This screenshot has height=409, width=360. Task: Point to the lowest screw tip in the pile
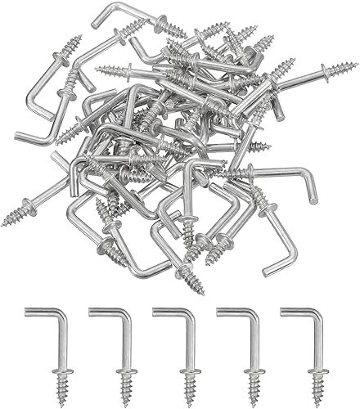(x=200, y=290)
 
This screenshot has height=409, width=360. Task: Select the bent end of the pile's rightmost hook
(x=313, y=199)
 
